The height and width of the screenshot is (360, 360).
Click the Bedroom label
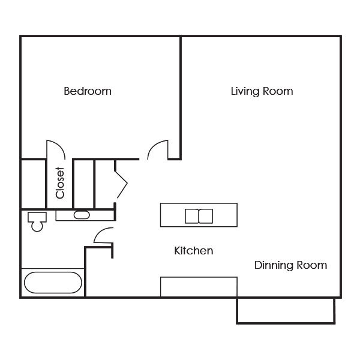click(x=88, y=91)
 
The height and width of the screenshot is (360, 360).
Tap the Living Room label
click(x=262, y=91)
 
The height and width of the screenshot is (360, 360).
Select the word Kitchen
click(x=194, y=250)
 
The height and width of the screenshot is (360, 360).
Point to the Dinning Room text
click(x=290, y=265)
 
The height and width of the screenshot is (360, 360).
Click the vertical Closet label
click(x=60, y=183)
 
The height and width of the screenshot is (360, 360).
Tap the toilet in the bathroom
click(x=37, y=221)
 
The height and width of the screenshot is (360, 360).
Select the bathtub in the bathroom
click(x=53, y=283)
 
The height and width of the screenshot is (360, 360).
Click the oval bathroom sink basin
click(x=82, y=215)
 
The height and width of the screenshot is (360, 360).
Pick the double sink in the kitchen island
click(x=199, y=216)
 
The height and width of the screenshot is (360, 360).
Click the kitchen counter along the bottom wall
click(x=199, y=287)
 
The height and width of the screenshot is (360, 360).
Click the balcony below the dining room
click(x=286, y=311)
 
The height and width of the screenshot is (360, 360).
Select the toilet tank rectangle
click(x=37, y=217)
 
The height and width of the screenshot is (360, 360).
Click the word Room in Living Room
click(x=278, y=91)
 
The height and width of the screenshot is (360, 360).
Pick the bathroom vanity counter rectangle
click(x=85, y=215)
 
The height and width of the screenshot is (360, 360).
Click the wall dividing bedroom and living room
click(x=181, y=97)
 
